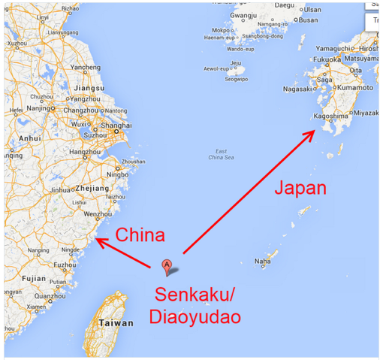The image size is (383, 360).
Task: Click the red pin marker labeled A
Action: [x=167, y=265]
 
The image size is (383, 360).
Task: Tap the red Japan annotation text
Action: [x=300, y=188]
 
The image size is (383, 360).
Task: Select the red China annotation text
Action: [x=140, y=235]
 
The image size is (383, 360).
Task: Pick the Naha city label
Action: [x=262, y=262]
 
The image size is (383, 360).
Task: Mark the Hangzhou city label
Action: [x=81, y=153]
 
